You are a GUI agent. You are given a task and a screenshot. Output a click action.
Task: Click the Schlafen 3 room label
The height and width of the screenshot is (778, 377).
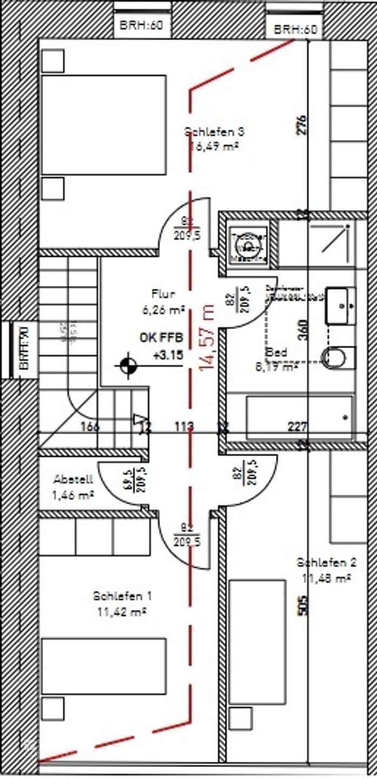coord(214,131)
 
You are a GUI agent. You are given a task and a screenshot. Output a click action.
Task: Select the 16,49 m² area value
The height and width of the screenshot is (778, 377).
coord(215,145)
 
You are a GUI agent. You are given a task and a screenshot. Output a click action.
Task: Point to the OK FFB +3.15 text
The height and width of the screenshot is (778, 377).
coord(161,346)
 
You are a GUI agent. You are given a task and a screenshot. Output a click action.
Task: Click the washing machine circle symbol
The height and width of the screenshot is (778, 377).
coord(248,247)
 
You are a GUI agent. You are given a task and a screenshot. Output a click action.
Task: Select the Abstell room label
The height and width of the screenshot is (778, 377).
coord(74,479)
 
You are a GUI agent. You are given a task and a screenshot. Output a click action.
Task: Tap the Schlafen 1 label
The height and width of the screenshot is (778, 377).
coord(122,596)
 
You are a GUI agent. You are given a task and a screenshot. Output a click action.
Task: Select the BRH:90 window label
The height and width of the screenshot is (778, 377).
coord(24,354)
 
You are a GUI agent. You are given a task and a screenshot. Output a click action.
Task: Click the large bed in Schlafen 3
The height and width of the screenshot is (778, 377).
coord(103,125)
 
